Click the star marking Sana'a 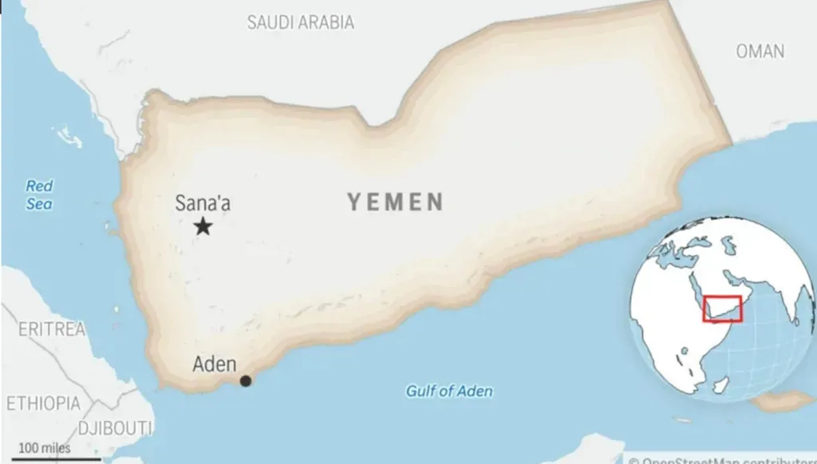203,226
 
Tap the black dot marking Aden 246,381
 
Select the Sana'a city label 203,203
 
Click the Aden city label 215,364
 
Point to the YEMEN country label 395,203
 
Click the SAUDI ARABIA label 300,22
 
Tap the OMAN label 760,51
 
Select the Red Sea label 39,195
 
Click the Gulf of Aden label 449,391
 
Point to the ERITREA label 51,328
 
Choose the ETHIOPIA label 43,403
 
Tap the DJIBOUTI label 115,428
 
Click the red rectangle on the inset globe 722,309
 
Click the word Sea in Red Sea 38,204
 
